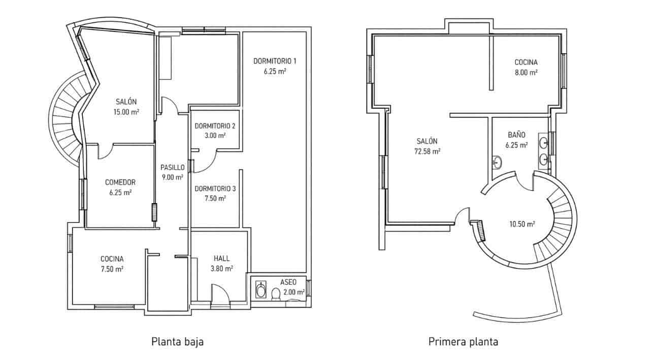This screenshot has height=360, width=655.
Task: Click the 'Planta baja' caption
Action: coord(177,342)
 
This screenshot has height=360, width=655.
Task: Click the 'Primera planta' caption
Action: coord(463,342)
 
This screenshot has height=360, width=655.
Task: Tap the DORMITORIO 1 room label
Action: coord(275,61)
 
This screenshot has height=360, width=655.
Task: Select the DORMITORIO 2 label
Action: coord(215,126)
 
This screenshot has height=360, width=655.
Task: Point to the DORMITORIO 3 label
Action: coord(215,188)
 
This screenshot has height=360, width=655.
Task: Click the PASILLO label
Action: coord(172,167)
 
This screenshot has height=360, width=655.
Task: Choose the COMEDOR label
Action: coord(120,182)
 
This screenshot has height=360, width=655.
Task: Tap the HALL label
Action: coord(221,258)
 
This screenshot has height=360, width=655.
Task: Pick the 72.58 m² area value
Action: coord(427,151)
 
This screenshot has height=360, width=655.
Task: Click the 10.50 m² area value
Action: coord(522,223)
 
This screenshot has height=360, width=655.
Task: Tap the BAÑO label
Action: coord(516,135)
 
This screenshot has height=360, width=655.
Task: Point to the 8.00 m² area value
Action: coord(526,72)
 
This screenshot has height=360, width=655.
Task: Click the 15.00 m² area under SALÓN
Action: coord(126,112)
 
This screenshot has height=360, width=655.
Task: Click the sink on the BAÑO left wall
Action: coord(497,162)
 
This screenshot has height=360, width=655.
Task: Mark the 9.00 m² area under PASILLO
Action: coord(172,177)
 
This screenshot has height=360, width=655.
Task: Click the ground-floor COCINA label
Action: coord(112,258)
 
